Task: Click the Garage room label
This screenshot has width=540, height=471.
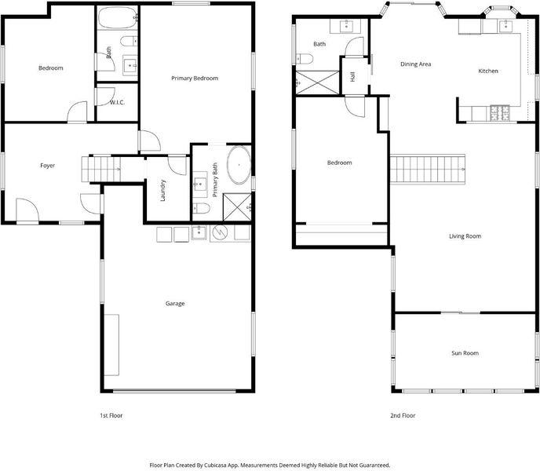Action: pos(175,304)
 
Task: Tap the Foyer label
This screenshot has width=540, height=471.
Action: pos(48,166)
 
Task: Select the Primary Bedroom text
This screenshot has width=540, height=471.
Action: pos(195,78)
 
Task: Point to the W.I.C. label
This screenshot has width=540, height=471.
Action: pos(117,102)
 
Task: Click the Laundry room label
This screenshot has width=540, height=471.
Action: pos(163,190)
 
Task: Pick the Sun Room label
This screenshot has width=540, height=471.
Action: pos(465,353)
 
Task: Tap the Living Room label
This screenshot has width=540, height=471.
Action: pos(465,236)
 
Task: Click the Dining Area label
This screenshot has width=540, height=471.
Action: pos(416,64)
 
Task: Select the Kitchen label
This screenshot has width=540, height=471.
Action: pos(488,71)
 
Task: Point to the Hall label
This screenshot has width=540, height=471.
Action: pos(352,77)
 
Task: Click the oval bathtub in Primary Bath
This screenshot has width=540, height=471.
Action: pos(239,166)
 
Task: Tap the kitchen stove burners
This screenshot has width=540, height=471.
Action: pos(499,113)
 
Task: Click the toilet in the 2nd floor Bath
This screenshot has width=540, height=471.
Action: pos(305,59)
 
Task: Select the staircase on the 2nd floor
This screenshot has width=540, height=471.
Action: pos(428,170)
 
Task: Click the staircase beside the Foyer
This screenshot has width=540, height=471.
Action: pos(101,170)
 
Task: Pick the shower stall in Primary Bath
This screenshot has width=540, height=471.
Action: pos(237,207)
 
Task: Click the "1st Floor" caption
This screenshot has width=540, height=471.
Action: pos(111,415)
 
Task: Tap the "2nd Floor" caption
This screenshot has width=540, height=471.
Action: pos(403,415)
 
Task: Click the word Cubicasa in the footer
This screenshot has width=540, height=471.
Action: pos(215,466)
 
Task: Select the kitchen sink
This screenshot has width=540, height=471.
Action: pos(505,26)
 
